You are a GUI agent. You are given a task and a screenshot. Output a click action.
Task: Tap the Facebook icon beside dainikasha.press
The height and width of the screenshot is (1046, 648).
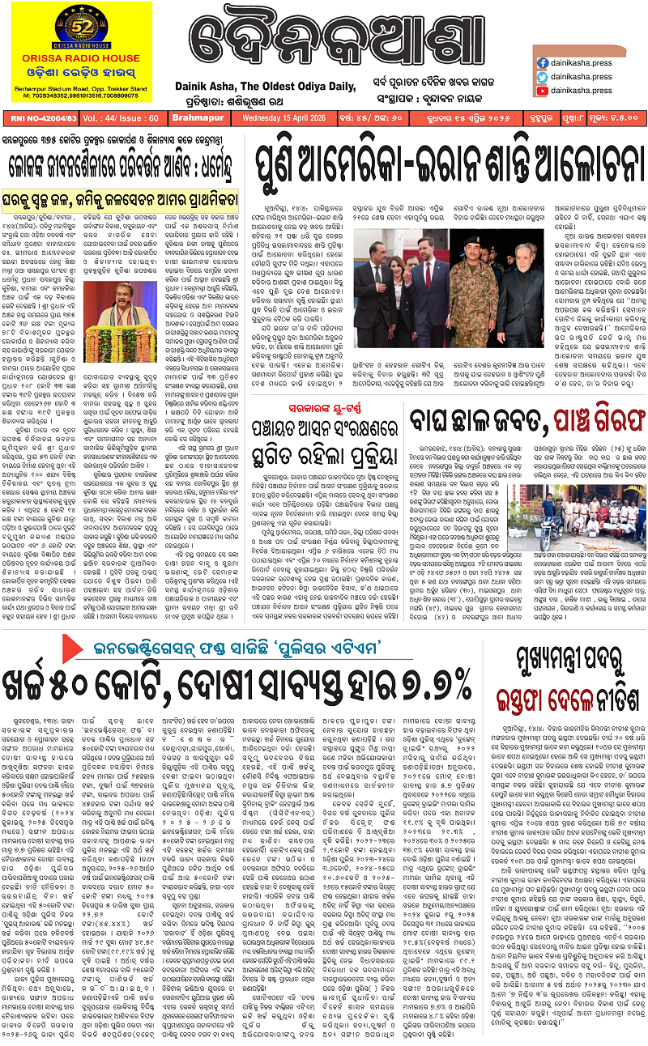coord(542,62)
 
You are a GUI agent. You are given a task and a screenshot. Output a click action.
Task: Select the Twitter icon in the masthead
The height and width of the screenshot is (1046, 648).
coord(542,77)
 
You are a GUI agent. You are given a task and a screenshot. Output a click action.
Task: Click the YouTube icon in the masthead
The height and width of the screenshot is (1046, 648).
coord(542,91)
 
